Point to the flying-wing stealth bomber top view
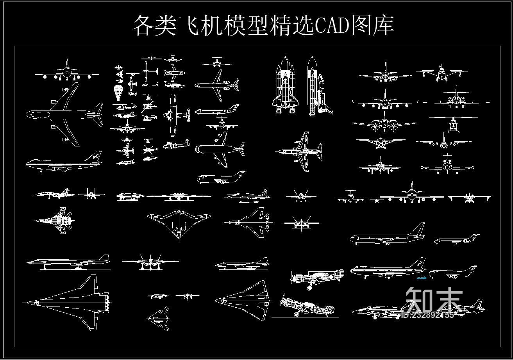[x=179, y=223]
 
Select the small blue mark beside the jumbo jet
[x=422, y=278]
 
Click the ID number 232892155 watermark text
[x=428, y=315]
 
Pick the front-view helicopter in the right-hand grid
[x=453, y=125]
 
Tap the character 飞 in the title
[x=189, y=26]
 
